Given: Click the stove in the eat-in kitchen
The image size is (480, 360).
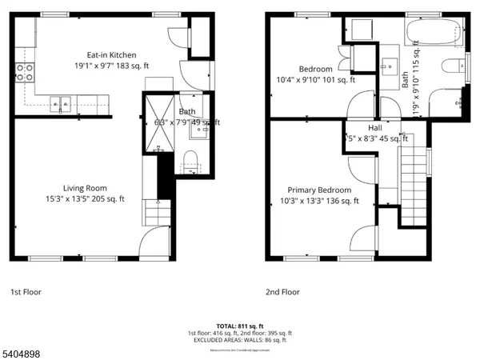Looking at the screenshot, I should (x=26, y=73).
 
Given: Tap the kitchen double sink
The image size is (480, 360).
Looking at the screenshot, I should (x=61, y=102).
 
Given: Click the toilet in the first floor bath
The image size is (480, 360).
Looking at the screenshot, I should (x=190, y=166).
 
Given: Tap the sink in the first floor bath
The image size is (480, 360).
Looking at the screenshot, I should (x=194, y=135).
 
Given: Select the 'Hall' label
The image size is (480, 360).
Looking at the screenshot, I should (x=374, y=128).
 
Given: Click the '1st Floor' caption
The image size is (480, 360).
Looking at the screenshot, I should (x=27, y=292).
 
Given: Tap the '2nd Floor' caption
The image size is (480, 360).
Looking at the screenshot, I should (x=282, y=292).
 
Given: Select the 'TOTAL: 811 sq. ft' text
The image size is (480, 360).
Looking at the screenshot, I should (x=239, y=326).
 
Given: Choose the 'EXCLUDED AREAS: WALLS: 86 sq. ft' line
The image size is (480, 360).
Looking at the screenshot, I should (x=239, y=340).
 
